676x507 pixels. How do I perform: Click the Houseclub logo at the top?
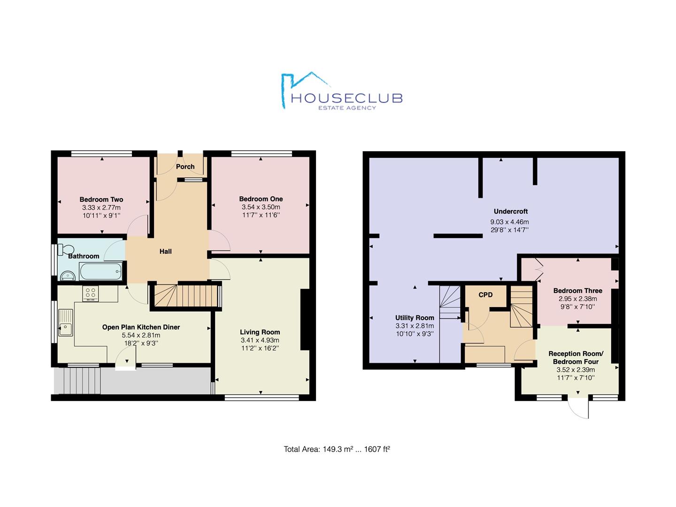point(341,92)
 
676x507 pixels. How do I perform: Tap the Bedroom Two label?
point(101,200)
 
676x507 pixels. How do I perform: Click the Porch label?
point(185,167)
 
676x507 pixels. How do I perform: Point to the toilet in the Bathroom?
point(65,249)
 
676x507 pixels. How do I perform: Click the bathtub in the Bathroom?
point(101,271)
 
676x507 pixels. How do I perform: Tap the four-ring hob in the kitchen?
point(91,294)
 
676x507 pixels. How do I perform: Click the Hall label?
point(165,252)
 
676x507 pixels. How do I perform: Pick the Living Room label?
point(260,332)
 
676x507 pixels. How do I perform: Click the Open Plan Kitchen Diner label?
point(141,327)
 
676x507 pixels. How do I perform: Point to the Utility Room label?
point(415,318)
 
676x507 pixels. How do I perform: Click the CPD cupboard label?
point(485,295)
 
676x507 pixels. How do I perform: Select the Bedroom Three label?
point(577,291)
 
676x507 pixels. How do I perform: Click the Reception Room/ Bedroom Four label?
point(576,358)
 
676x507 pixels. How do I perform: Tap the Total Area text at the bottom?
point(337,449)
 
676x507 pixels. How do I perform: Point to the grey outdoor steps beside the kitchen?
point(77,381)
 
